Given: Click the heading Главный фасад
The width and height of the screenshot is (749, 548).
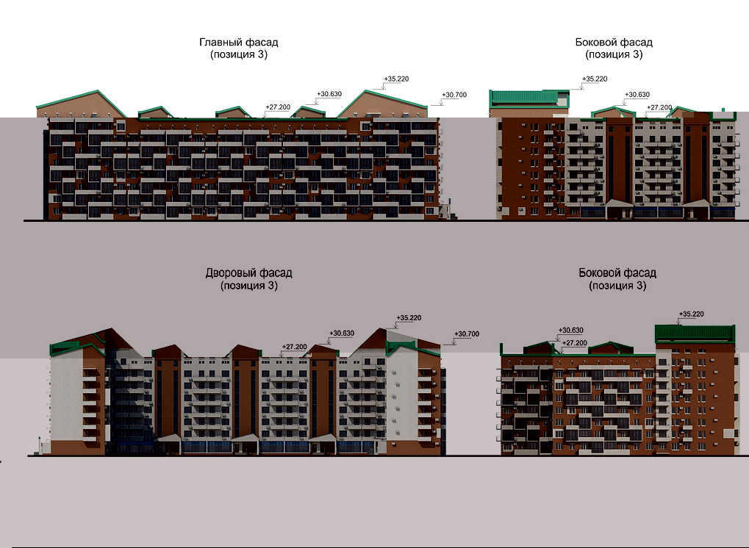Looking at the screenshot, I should tap(238, 43).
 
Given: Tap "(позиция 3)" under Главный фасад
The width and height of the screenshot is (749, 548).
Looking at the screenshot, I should tap(238, 54).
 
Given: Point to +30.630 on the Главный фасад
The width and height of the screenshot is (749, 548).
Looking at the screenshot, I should tap(329, 94).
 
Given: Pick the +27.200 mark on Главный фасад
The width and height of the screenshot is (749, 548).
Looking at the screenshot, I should tap(278, 107).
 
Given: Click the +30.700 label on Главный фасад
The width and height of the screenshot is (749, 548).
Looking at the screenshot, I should tap(455, 95).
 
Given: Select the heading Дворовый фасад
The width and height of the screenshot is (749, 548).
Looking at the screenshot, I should tap(248, 273).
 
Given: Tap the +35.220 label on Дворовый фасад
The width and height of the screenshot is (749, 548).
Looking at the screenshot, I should tap(409, 318).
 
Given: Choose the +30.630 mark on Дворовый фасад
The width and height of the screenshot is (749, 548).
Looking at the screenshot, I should tap(342, 333).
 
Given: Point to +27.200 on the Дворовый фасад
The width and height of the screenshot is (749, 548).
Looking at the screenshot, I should tap(294, 347).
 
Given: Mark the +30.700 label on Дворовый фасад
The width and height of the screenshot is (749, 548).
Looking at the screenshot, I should tap(467, 334).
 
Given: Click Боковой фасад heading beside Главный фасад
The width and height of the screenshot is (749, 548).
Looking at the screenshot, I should tap(614, 43).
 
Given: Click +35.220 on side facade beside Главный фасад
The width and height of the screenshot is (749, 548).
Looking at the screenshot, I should tap(594, 79).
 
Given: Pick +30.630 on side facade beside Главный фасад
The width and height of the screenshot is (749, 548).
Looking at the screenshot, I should tap(637, 95).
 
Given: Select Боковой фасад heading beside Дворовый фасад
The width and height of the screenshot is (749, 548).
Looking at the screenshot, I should tap(617, 273).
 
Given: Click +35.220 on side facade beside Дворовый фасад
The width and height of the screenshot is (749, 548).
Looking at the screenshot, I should tap(691, 314).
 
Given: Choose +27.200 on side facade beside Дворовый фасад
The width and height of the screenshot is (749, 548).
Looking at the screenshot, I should tap(575, 343).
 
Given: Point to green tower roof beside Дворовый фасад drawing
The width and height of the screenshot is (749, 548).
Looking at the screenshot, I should tap(695, 332).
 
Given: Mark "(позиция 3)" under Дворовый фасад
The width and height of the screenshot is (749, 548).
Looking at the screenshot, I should tap(248, 286).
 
